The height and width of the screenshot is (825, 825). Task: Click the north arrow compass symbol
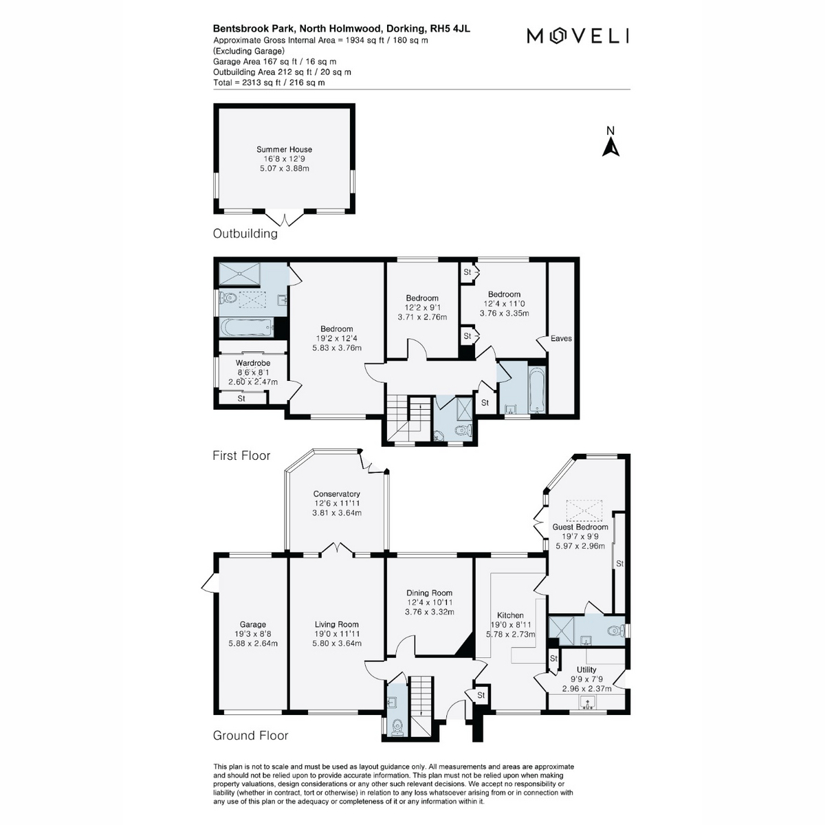(610, 142)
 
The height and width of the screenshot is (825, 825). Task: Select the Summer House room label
(284, 149)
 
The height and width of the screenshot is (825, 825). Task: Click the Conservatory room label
(336, 494)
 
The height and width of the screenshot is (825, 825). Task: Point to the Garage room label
(252, 624)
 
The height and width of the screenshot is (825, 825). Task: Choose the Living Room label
(336, 624)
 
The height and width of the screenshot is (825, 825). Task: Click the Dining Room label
(429, 593)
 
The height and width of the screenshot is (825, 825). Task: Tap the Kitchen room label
(510, 615)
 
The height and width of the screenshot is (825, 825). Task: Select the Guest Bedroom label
(580, 527)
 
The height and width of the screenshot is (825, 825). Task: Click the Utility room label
(586, 670)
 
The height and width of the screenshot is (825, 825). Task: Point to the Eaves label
(561, 338)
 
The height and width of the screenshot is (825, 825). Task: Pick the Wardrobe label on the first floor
(252, 362)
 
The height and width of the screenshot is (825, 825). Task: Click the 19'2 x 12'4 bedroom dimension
(336, 338)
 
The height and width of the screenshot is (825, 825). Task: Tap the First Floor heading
(241, 456)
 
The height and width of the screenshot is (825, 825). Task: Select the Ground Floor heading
(250, 736)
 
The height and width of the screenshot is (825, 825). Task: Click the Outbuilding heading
(245, 233)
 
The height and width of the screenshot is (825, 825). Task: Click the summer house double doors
(284, 219)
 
